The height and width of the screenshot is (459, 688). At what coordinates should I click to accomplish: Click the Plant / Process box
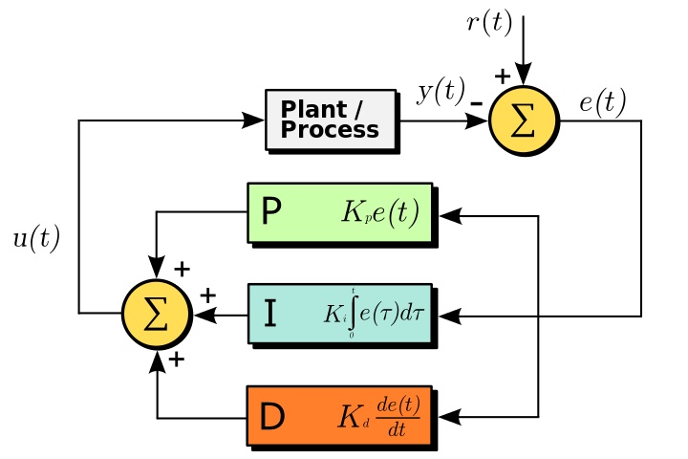330,120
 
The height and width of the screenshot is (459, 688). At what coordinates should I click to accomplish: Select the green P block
339,212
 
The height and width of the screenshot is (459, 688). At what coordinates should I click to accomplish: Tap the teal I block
339,314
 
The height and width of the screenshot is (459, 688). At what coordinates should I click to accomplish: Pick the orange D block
339,416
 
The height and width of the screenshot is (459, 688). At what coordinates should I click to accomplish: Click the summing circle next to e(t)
522,120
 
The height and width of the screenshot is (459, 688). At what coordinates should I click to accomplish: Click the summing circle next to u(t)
156,314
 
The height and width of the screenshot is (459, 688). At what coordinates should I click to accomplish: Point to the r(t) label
489,23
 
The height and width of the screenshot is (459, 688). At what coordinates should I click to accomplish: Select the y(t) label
440,93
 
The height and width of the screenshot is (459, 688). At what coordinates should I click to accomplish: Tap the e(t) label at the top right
602,100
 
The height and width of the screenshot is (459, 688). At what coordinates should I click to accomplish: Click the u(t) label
36,239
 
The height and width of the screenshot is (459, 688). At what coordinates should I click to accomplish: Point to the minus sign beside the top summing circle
476,99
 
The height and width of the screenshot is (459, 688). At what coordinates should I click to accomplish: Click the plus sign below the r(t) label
502,76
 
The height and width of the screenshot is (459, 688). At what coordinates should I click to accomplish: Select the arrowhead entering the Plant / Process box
253,120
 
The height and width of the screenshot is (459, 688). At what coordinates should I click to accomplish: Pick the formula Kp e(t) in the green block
379,212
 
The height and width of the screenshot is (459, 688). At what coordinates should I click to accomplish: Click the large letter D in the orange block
272,417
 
